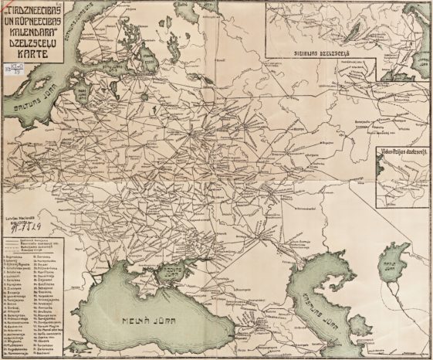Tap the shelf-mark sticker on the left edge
pos(6,77)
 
